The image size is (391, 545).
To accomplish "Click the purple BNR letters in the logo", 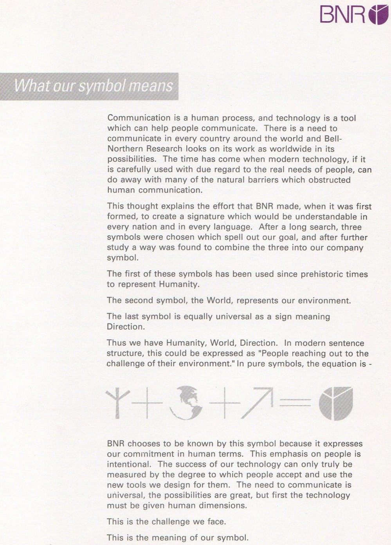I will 343,15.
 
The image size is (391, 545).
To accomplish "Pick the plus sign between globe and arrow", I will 224,403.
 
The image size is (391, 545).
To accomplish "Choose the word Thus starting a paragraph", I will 116,343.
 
